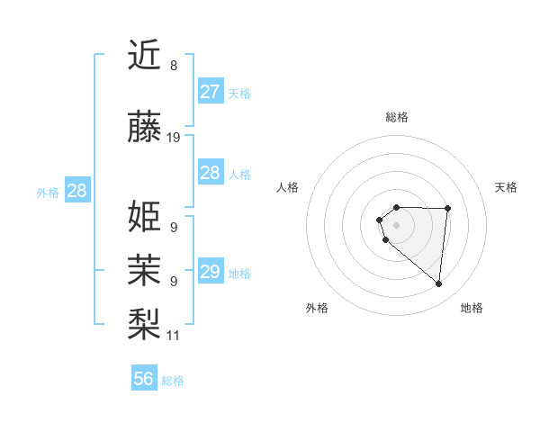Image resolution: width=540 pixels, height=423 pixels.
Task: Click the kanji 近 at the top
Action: tap(146, 56)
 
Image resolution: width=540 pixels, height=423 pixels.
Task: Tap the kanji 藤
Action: tap(146, 128)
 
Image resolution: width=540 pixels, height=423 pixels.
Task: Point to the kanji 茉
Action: tap(146, 267)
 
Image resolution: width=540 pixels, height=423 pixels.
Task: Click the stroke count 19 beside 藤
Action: tap(174, 138)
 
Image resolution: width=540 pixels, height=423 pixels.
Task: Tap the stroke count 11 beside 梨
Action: tap(174, 336)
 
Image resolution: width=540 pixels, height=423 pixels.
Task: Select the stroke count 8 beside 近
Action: tap(174, 66)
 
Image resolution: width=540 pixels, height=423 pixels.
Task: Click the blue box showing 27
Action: tap(211, 92)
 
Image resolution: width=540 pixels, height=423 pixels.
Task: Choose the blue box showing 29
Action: tap(211, 272)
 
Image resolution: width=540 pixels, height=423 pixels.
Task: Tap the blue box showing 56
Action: tap(144, 379)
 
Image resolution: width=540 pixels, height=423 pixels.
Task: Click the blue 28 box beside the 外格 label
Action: tap(77, 191)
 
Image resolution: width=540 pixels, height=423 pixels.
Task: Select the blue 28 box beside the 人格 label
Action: tap(211, 173)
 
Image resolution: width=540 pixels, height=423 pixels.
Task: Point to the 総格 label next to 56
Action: tap(173, 381)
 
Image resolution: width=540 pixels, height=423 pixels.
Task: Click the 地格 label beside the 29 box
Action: tap(239, 274)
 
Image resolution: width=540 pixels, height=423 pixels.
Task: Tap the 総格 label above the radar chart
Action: tap(397, 117)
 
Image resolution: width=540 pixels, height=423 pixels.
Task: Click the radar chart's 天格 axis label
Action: tap(506, 187)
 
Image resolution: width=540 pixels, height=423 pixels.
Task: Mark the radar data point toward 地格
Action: tap(439, 284)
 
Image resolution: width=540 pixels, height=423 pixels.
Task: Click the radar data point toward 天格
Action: tap(448, 209)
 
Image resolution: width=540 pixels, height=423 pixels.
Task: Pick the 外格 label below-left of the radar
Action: tap(317, 308)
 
